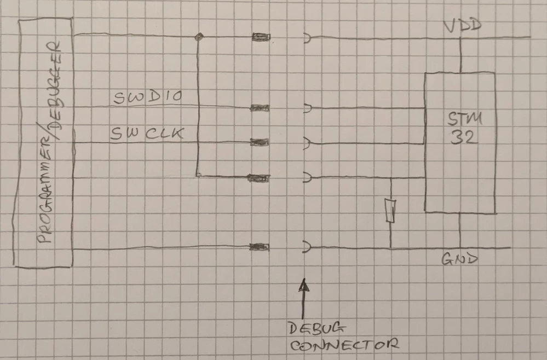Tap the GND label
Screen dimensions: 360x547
[459, 259]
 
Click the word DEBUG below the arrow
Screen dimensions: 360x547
[317, 328]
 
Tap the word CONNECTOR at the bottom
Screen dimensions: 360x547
[343, 345]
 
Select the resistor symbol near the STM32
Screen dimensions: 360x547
[390, 211]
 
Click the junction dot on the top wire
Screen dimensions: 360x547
[199, 37]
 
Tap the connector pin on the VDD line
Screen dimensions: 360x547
[260, 37]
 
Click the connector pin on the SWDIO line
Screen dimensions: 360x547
[260, 108]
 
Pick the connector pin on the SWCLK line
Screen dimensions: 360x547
[260, 142]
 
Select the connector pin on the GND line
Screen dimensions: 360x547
[259, 247]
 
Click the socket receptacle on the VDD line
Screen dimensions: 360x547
[308, 38]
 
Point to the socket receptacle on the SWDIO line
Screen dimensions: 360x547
[308, 108]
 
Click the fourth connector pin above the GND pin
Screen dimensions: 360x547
[260, 178]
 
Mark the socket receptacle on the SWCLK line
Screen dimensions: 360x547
[308, 143]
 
